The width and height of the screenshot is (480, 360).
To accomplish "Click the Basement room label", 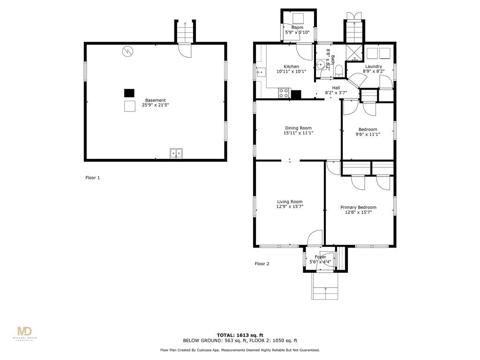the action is point(156,100).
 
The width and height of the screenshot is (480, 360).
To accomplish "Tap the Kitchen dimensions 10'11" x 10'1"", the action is point(291,71).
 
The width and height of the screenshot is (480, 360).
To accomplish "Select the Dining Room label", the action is point(298,128).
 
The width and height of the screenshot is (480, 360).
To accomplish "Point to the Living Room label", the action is point(290,202).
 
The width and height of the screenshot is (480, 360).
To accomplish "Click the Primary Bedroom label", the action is point(359,207).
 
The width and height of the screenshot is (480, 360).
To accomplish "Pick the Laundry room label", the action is point(374,67).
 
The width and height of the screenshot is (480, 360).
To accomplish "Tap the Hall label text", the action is point(336,88).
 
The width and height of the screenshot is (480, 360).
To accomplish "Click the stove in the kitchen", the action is point(284,93).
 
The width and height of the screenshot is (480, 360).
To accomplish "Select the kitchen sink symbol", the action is point(261,73).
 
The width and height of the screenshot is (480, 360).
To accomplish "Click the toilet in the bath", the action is point(338,71).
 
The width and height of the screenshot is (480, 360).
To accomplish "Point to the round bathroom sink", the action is point(320,65).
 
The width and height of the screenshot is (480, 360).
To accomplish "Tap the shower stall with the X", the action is point(354,52).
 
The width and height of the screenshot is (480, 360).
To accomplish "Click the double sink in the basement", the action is point(176,153).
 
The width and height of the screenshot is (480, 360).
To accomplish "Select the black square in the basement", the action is point(129,93).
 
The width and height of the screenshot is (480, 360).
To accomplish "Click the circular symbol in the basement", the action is point(127,52).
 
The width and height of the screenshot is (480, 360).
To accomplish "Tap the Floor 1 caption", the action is point(92,178).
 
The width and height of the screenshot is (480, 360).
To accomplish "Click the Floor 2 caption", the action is point(262,263).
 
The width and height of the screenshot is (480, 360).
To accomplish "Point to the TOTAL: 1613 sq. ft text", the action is point(240,335).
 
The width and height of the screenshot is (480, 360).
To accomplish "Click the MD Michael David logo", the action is point(24,334).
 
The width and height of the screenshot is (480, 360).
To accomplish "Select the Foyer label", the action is point(321,257).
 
